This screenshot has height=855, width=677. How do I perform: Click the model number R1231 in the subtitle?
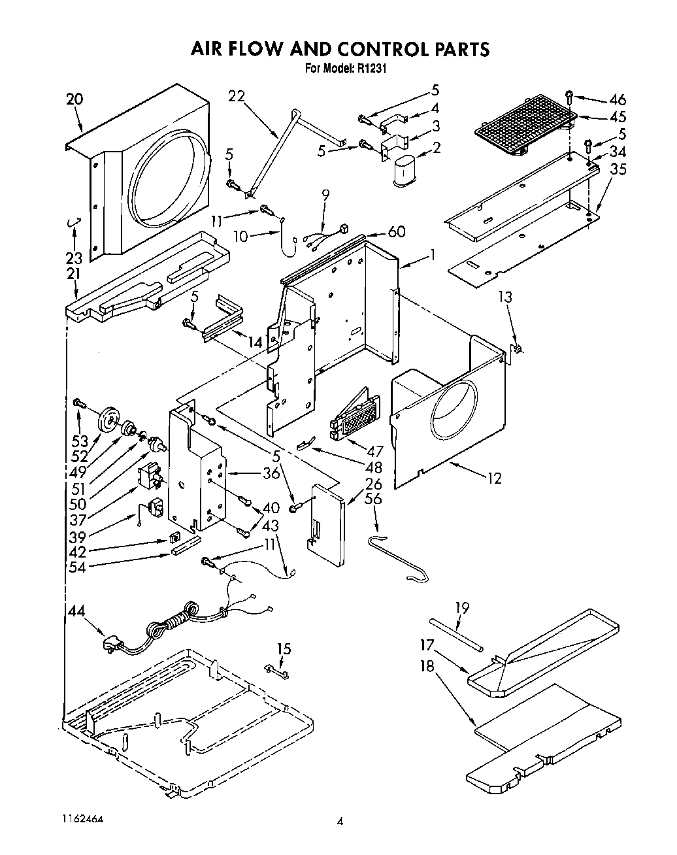coord(372,67)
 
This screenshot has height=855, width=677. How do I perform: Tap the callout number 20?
coord(74,99)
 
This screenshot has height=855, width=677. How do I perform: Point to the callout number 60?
coord(396,231)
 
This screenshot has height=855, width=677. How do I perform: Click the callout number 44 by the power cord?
coord(76,611)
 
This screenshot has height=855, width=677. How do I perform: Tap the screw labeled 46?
coord(570,97)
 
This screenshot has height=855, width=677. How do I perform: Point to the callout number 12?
coord(494,478)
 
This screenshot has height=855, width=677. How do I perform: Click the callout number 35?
coord(617,170)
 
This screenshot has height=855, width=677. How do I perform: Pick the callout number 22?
coord(236,96)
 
